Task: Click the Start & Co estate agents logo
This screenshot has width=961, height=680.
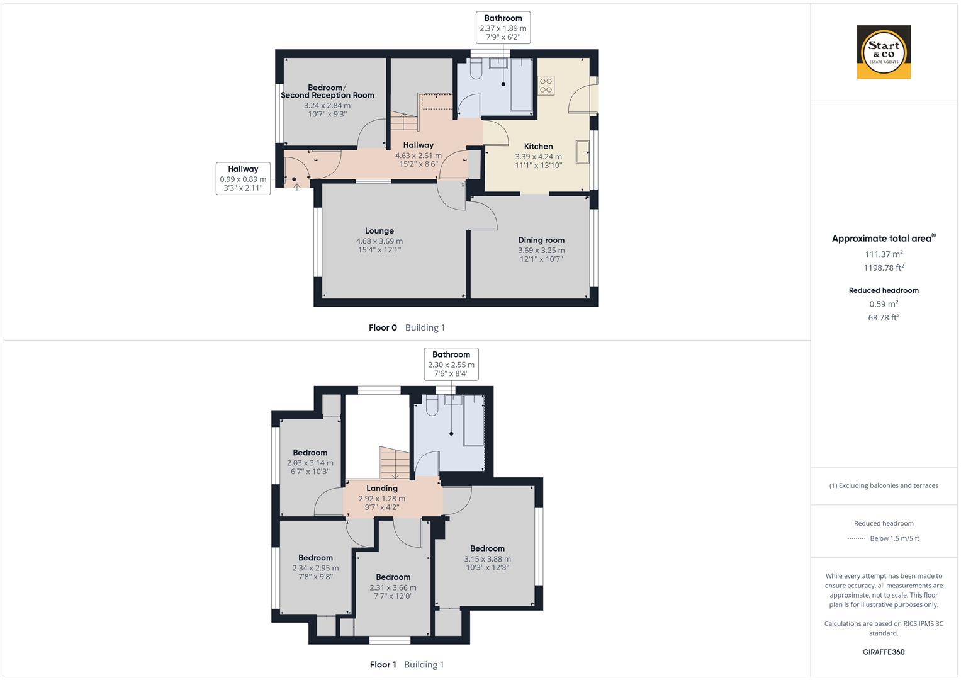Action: [884, 52]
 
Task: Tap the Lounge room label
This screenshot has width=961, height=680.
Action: [379, 231]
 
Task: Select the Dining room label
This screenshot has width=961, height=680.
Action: [541, 240]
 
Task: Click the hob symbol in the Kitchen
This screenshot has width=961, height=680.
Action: [546, 85]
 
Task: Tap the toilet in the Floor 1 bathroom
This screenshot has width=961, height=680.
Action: [432, 407]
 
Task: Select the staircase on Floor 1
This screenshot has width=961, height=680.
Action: [394, 463]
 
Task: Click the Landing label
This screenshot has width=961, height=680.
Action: [382, 489]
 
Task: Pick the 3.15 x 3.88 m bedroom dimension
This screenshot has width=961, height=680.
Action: [487, 559]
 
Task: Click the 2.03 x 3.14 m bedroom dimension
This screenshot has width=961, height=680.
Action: [310, 463]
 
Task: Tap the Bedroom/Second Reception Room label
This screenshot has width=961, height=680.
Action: [327, 91]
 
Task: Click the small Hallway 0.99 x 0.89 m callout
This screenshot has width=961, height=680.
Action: [243, 179]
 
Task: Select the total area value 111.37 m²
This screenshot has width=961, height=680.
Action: [884, 254]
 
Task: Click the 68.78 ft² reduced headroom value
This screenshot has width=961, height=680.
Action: [884, 318]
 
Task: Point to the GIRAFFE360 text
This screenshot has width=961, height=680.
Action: [884, 652]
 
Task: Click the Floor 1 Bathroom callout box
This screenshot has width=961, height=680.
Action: [451, 364]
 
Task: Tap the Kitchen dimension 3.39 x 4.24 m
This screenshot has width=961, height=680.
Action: [538, 157]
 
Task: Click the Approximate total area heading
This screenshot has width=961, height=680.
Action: [882, 239]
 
